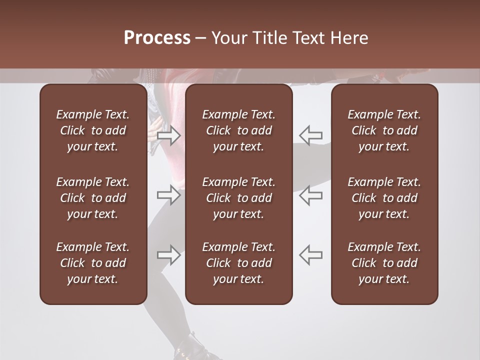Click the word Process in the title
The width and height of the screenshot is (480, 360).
click(x=157, y=38)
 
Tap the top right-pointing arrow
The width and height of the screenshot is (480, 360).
click(x=169, y=135)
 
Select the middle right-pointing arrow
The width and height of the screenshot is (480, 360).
click(x=169, y=195)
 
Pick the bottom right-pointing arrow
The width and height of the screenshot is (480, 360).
click(x=169, y=255)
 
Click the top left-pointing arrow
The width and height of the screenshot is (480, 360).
click(x=310, y=135)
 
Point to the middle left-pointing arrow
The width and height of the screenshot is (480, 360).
click(x=310, y=195)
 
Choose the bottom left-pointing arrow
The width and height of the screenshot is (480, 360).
click(x=310, y=255)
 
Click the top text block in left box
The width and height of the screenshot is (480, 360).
click(x=93, y=130)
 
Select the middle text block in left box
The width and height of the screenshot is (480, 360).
click(x=93, y=198)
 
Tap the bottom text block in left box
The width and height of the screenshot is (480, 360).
click(x=93, y=263)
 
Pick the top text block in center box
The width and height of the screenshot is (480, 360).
click(x=238, y=130)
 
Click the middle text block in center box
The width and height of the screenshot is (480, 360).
click(x=238, y=198)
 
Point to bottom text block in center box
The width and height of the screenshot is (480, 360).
click(x=238, y=263)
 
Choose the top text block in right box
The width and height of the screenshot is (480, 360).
click(x=384, y=130)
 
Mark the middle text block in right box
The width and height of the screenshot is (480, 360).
click(x=384, y=198)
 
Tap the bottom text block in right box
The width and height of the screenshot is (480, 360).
click(x=384, y=263)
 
